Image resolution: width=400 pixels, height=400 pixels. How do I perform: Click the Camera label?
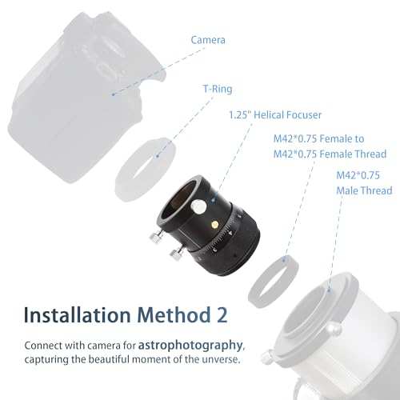click(x=208, y=40)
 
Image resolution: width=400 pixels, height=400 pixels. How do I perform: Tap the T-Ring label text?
click(x=218, y=89)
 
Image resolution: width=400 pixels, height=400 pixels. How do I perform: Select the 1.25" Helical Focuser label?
click(x=275, y=115)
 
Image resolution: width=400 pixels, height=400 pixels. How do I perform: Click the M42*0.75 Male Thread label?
click(x=364, y=183)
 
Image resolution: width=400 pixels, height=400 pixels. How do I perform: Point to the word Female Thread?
click(x=353, y=154)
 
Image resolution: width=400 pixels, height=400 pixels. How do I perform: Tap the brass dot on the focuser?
click(x=215, y=225)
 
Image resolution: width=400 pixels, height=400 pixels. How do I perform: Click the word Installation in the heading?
click(x=77, y=315)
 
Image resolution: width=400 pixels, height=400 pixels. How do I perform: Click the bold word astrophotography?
click(x=190, y=346)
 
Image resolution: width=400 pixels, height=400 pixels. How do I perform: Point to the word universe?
click(x=221, y=359)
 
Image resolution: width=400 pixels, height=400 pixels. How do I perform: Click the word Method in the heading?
click(x=174, y=315)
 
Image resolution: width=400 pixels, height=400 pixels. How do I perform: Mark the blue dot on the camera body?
click(x=114, y=94)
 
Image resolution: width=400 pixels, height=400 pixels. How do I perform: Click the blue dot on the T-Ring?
click(x=158, y=156)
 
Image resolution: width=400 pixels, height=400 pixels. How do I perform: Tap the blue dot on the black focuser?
click(x=213, y=200)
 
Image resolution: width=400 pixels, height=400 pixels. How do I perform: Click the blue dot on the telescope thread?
click(x=329, y=290)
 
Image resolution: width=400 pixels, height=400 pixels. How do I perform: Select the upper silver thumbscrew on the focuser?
click(x=155, y=237)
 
